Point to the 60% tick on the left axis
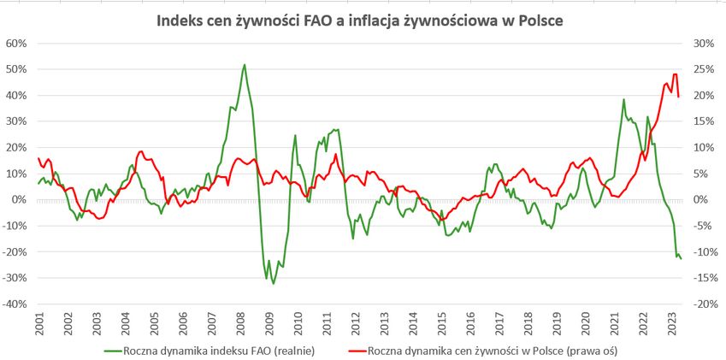pyautogui.click(x=16, y=43)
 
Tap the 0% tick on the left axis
pyautogui.click(x=19, y=199)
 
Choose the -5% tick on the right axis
pyautogui.click(x=702, y=226)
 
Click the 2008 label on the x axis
pyautogui.click(x=241, y=326)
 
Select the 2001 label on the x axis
pyautogui.click(x=39, y=326)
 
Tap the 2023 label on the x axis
pyautogui.click(x=673, y=326)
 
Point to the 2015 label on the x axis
pyautogui.click(x=442, y=326)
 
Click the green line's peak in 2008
pyautogui.click(x=245, y=64)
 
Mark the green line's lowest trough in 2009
pyautogui.click(x=274, y=283)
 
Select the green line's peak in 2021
pyautogui.click(x=623, y=99)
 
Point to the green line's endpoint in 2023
pyautogui.click(x=681, y=258)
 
